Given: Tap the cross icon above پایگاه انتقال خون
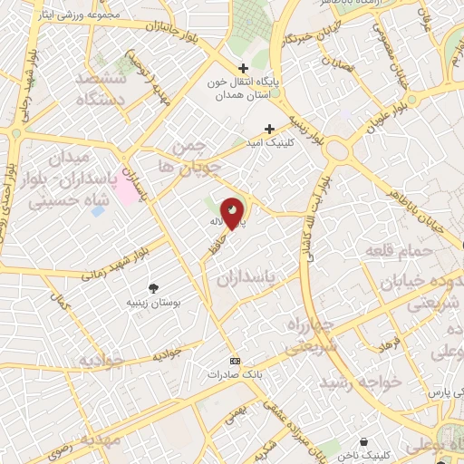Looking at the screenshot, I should [243, 68].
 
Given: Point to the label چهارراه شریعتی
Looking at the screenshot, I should [311, 335].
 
